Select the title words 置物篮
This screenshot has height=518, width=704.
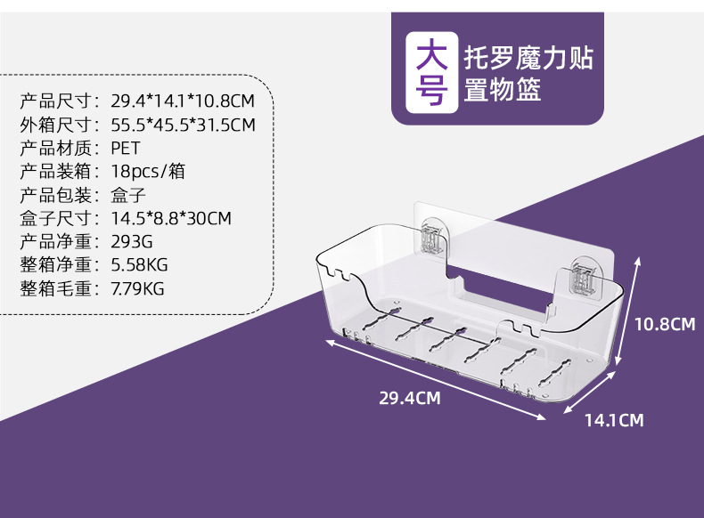503,90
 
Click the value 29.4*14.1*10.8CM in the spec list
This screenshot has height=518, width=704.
183,101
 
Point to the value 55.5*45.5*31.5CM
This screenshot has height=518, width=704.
183,125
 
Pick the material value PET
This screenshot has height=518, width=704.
126,148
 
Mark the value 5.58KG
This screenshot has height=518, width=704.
139,264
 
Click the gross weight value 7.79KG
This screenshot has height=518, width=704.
138,288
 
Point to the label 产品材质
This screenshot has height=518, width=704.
54,148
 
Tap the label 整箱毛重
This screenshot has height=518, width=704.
54,288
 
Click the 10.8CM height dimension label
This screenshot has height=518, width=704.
664,325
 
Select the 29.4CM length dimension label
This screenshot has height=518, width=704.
410,398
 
